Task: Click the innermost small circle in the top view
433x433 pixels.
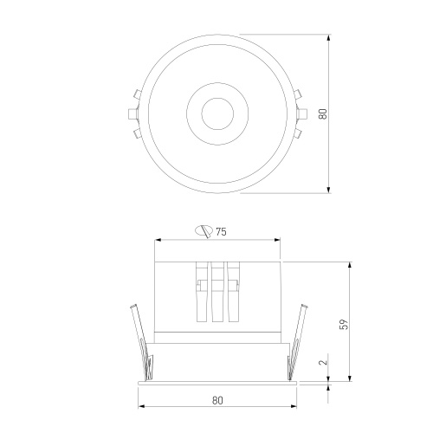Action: [202, 113]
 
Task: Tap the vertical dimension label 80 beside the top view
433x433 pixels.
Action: [323, 113]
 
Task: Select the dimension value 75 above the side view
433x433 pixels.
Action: [221, 231]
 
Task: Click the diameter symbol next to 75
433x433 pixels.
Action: [204, 231]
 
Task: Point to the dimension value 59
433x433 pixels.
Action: [345, 324]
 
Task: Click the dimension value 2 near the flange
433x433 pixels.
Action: [324, 361]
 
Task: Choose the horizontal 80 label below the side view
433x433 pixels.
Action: [217, 400]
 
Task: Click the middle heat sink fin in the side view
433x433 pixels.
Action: [217, 292]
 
